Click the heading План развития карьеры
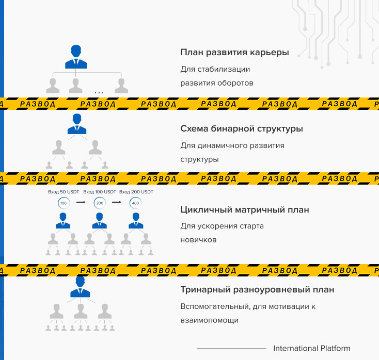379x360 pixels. click(234, 53)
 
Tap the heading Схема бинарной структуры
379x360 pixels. click(241, 128)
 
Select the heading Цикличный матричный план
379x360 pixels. click(245, 210)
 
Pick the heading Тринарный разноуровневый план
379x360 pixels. click(257, 289)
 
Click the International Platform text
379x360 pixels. click(311, 348)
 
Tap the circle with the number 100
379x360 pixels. click(64, 203)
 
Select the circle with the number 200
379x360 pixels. click(100, 203)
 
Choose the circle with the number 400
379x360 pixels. click(136, 203)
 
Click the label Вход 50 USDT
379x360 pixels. click(64, 192)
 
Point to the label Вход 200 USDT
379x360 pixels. click(136, 192)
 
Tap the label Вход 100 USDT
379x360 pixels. click(100, 192)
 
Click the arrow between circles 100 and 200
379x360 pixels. click(81, 203)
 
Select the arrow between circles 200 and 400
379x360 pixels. click(117, 203)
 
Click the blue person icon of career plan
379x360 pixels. click(76, 57)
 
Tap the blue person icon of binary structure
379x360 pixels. click(77, 124)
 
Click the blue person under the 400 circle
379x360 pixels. click(136, 221)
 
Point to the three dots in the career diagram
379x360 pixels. click(99, 93)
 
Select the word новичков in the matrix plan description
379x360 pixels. click(198, 240)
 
